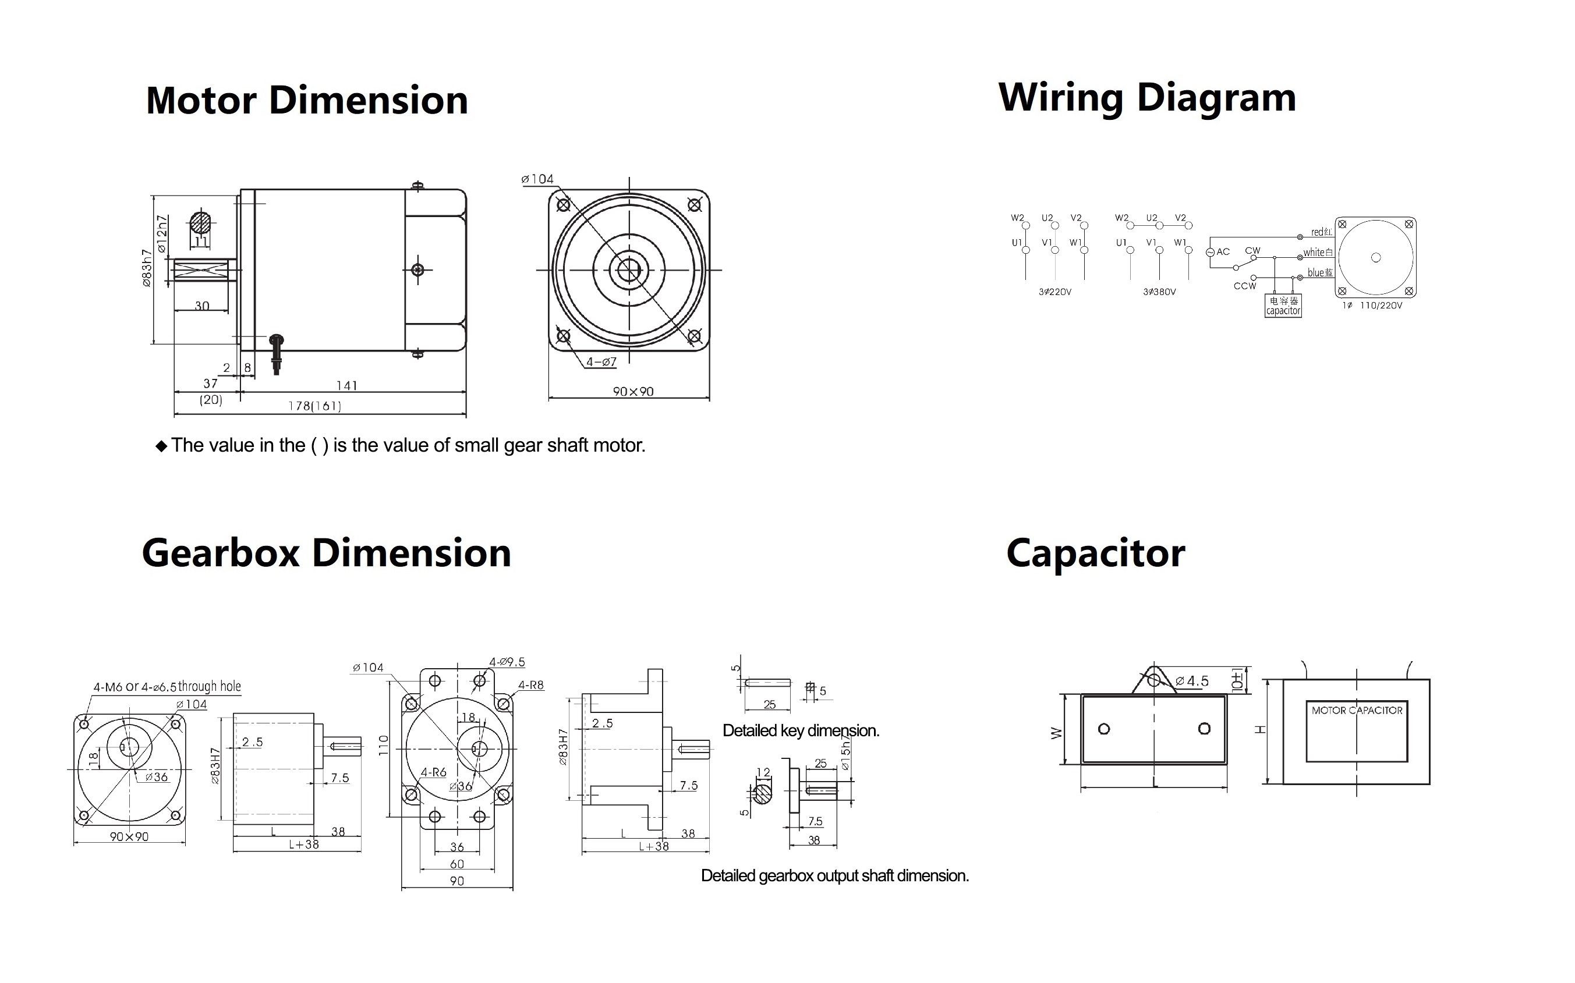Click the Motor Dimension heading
tap(307, 101)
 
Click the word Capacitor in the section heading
tap(1095, 554)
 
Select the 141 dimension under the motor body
tap(346, 385)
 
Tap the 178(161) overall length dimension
tap(315, 406)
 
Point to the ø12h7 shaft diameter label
tap(162, 234)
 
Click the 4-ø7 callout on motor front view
tap(601, 362)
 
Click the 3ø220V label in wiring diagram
tap(1055, 292)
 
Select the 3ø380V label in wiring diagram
tap(1159, 292)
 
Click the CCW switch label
tap(1245, 286)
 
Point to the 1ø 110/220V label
tap(1372, 306)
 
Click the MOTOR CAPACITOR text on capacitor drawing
tap(1357, 711)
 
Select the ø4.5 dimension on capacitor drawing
tap(1191, 682)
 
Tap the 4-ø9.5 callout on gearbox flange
tap(507, 662)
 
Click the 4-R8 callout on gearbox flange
tap(530, 685)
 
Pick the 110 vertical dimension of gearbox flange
tap(383, 745)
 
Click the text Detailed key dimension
tap(801, 731)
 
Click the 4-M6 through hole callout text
tap(167, 687)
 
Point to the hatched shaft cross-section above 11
tap(201, 223)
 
